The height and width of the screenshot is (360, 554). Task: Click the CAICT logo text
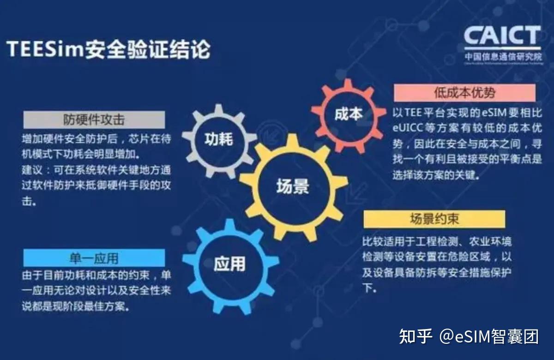[502, 36]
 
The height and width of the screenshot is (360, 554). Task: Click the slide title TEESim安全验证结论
[108, 49]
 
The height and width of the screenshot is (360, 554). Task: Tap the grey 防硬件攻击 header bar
[94, 120]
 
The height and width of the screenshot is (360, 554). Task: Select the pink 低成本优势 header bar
[464, 93]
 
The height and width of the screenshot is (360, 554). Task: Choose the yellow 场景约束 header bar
[434, 219]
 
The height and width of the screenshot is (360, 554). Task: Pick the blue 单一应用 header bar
[94, 258]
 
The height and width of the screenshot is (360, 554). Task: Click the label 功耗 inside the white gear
[219, 139]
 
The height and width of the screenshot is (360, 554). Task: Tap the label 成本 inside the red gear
[349, 114]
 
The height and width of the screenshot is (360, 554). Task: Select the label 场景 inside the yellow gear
[293, 187]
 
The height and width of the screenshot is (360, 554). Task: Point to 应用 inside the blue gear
[229, 264]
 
